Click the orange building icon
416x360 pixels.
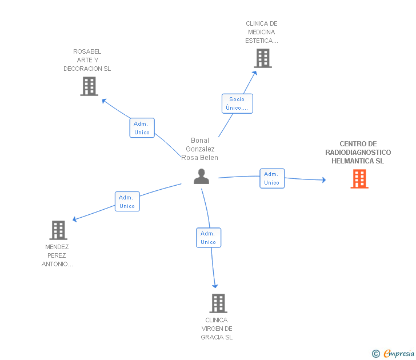(359, 179)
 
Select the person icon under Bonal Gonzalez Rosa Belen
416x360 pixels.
(201, 177)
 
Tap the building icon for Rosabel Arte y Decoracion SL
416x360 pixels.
(89, 86)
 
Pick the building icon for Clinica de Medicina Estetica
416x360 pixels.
(263, 58)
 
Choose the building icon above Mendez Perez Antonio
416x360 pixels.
(58, 230)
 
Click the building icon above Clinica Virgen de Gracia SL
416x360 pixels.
(218, 303)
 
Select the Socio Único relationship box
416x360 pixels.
(238, 103)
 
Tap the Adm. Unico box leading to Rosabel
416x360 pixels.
(142, 128)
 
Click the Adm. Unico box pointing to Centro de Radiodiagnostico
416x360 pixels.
(272, 178)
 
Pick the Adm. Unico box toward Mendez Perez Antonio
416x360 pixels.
(127, 202)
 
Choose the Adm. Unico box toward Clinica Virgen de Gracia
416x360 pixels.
(209, 238)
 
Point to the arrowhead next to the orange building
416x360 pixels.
(324, 180)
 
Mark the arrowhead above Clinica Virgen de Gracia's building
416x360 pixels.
(215, 286)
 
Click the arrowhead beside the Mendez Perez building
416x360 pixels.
(74, 219)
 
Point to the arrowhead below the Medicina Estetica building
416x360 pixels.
(255, 73)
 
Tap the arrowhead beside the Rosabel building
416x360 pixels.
(104, 101)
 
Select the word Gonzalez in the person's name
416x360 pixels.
(200, 149)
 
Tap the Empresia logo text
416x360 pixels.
(399, 353)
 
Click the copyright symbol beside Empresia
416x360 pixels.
(376, 354)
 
